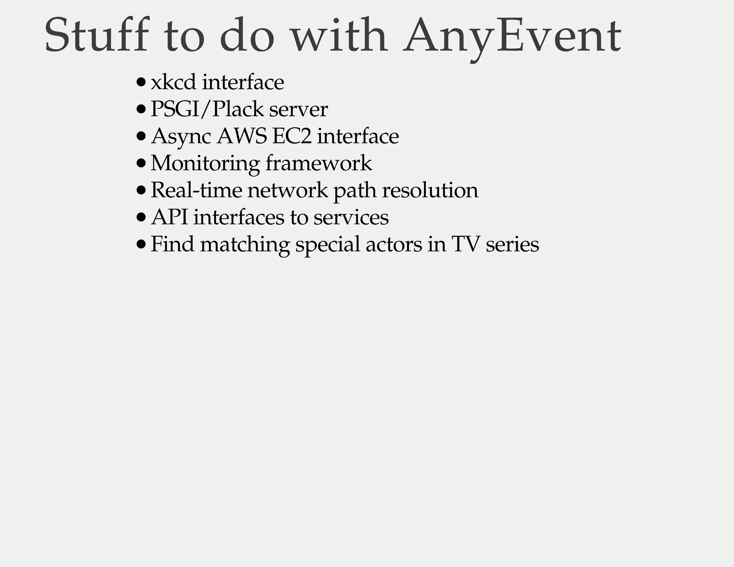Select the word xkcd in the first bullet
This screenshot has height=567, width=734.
point(173,82)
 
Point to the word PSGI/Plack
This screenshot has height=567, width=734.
point(207,109)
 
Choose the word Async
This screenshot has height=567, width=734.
point(181,137)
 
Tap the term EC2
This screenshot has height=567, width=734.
point(292,136)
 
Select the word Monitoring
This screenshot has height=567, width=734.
point(205,163)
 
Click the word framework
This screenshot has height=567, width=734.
point(319,163)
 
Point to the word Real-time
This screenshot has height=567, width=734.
point(196,190)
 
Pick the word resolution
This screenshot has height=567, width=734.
point(430,190)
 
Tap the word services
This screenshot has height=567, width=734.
point(351,217)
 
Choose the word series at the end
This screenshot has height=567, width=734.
point(512,244)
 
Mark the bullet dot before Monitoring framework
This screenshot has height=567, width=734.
point(141,163)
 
